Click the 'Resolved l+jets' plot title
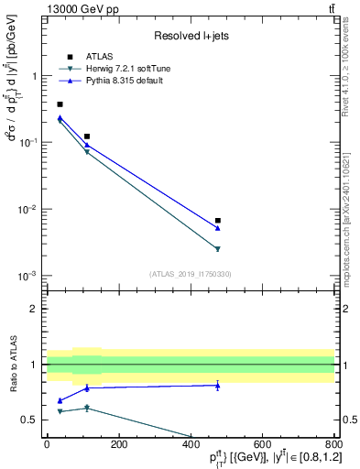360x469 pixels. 190,36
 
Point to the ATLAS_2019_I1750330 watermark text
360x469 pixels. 191,274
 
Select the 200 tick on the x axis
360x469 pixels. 118,444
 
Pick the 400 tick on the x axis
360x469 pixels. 191,444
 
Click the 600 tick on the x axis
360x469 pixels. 263,444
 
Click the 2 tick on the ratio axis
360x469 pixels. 35,309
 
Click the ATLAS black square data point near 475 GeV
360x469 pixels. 218,221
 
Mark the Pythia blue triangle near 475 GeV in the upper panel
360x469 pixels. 218,228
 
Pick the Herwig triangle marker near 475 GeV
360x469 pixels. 218,249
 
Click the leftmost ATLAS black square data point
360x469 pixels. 60,104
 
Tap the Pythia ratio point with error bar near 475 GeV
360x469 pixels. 218,386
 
